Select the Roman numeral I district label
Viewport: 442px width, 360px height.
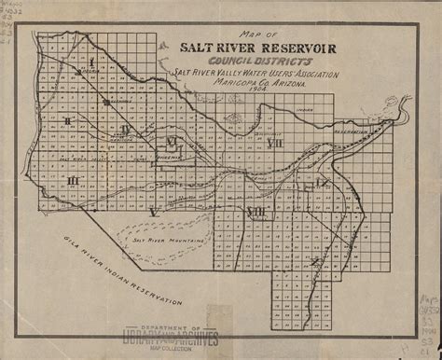[x=93, y=62]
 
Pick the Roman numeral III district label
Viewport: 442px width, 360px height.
[x=73, y=179]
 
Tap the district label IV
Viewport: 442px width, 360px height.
[x=126, y=129]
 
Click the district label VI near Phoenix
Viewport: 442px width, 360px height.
[x=171, y=142]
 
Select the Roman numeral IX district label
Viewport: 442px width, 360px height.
[x=323, y=184]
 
